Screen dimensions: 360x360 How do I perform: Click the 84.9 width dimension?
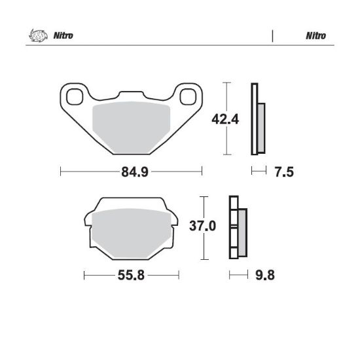pyautogui.click(x=135, y=172)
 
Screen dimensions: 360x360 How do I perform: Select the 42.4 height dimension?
pyautogui.click(x=225, y=119)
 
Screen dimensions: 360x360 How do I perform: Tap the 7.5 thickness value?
pyautogui.click(x=284, y=172)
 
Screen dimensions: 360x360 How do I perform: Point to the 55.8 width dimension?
pyautogui.click(x=131, y=275)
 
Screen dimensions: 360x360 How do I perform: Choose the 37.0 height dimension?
pyautogui.click(x=202, y=226)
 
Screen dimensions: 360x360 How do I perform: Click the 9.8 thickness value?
pyautogui.click(x=265, y=275)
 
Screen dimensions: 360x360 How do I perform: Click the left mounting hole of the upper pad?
pyautogui.click(x=75, y=97)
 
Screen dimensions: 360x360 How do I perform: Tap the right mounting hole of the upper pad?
pyautogui.click(x=188, y=97)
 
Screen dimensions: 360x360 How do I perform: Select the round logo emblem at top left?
pyautogui.click(x=38, y=35)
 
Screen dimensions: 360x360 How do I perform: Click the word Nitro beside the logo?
pyautogui.click(x=63, y=35)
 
